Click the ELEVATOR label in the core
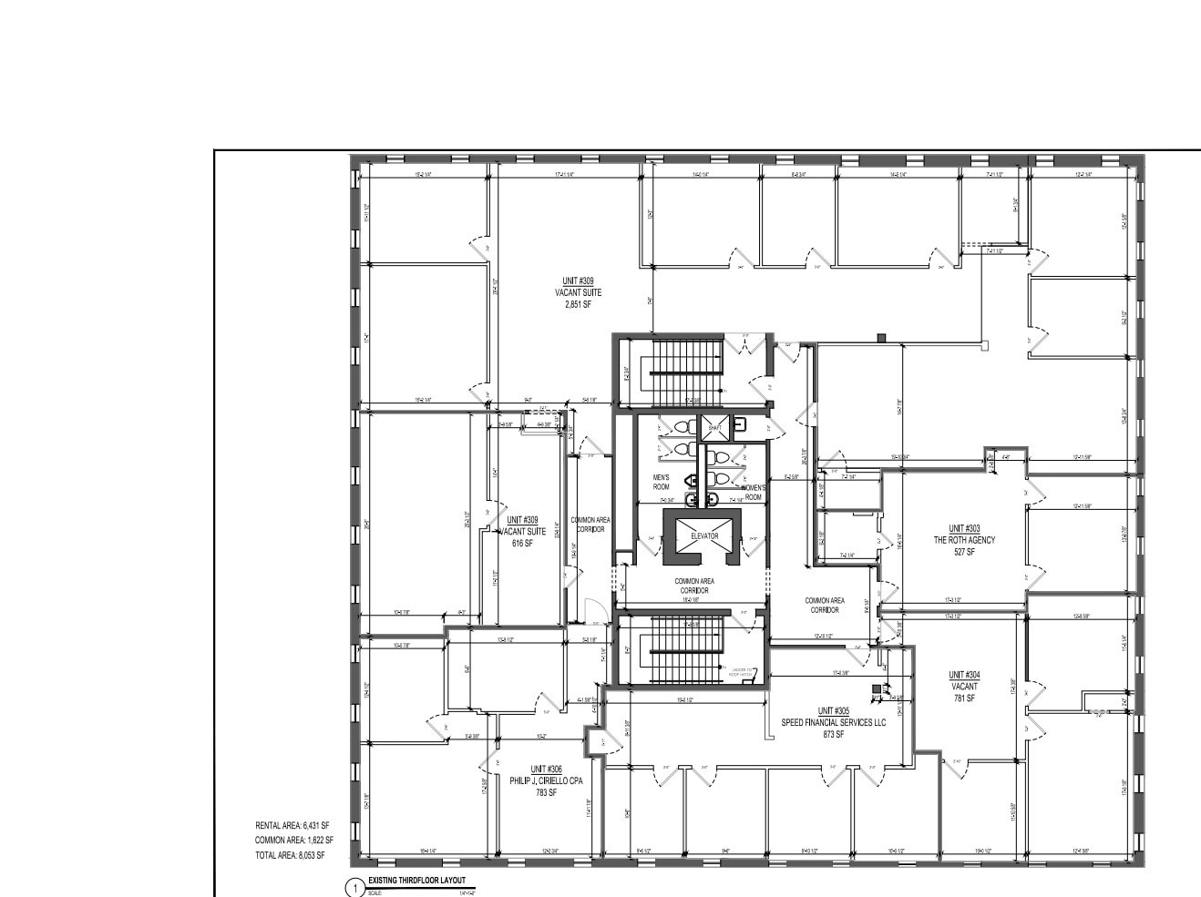704,536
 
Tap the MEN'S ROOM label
661,483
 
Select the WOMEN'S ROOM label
753,493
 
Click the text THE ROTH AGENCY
964,540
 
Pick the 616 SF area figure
522,543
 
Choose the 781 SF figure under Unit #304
964,698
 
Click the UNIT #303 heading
964,528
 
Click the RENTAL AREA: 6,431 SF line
293,825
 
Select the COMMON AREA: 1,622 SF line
294,841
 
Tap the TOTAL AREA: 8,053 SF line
290,856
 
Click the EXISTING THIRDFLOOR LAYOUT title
416,881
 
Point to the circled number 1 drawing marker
354,888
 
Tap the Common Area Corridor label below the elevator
692,586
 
